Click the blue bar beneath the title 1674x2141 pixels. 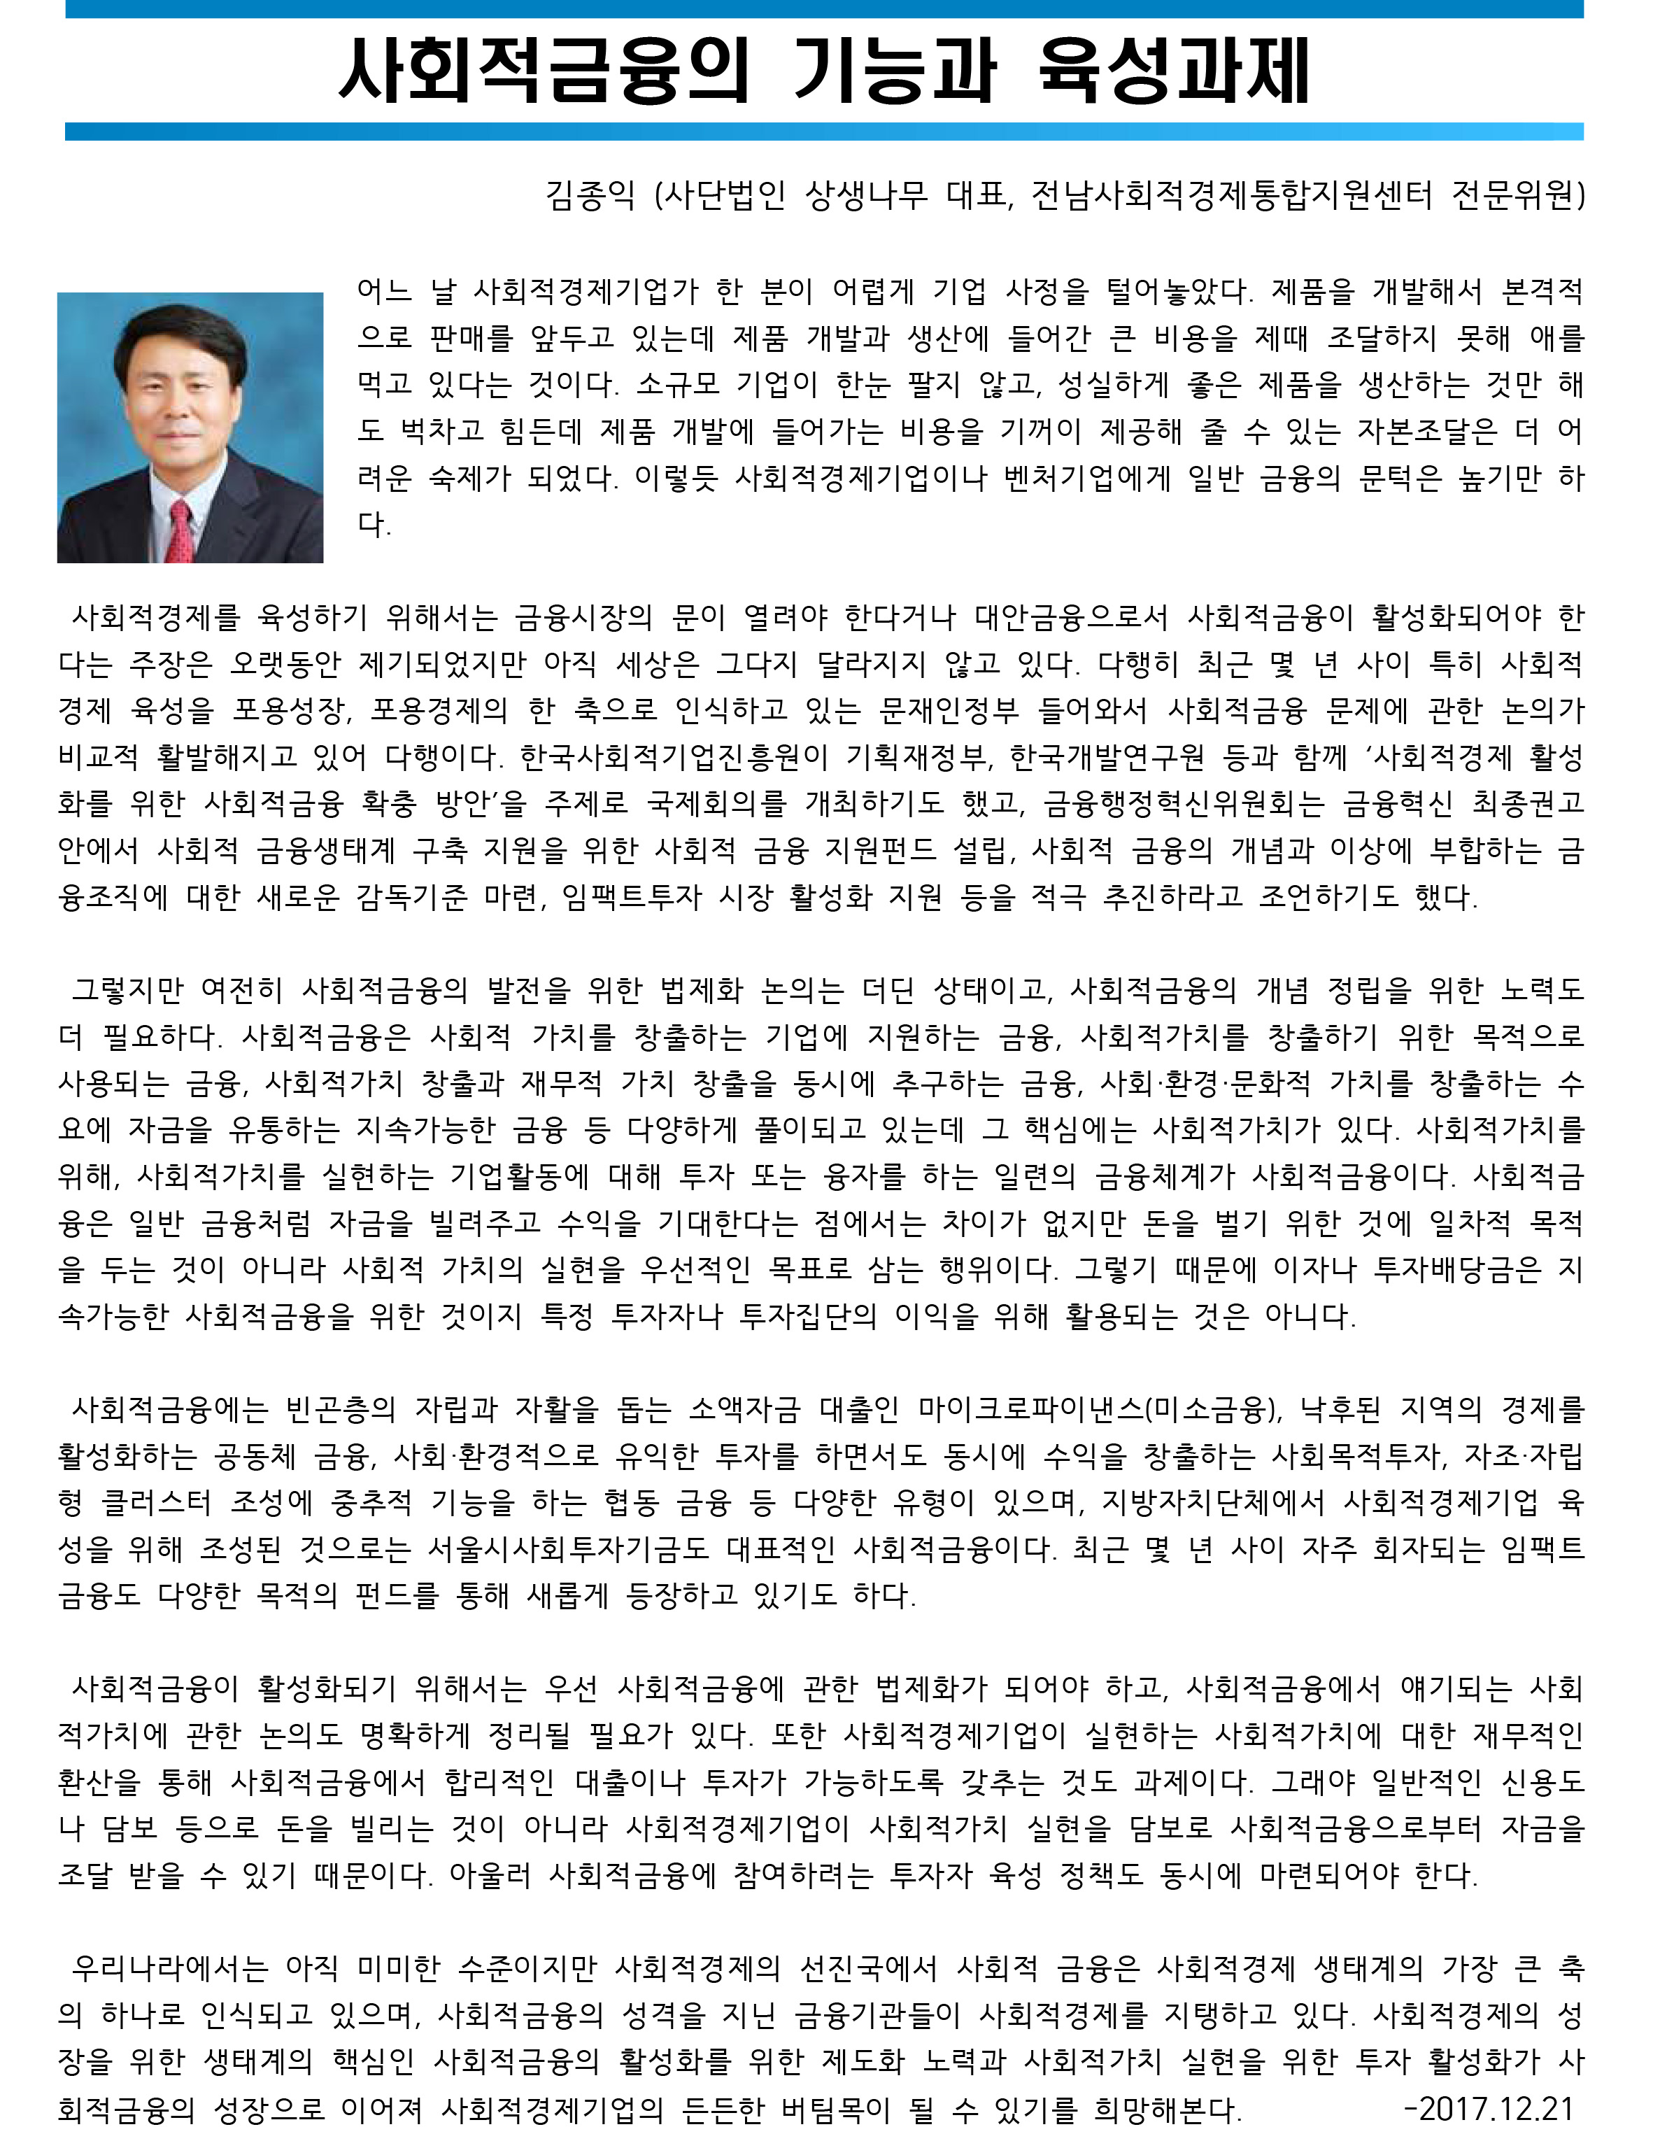pyautogui.click(x=823, y=132)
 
